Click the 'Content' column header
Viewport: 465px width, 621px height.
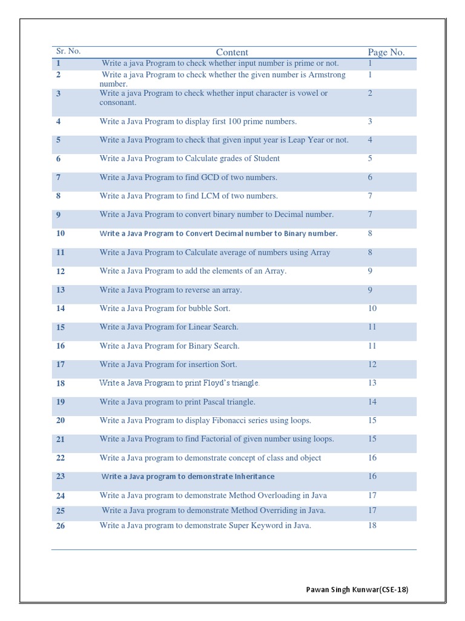232,52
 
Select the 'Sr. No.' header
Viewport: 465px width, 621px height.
68,51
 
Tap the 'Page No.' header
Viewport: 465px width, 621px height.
386,52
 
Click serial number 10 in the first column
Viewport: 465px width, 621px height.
61,233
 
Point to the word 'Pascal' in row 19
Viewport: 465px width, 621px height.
219,401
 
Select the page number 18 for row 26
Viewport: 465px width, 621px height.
372,525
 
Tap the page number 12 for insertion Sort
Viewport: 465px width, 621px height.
372,364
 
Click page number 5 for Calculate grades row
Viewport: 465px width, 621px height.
370,158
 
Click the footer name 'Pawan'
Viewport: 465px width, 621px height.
318,589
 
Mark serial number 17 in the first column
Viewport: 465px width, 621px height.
61,365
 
